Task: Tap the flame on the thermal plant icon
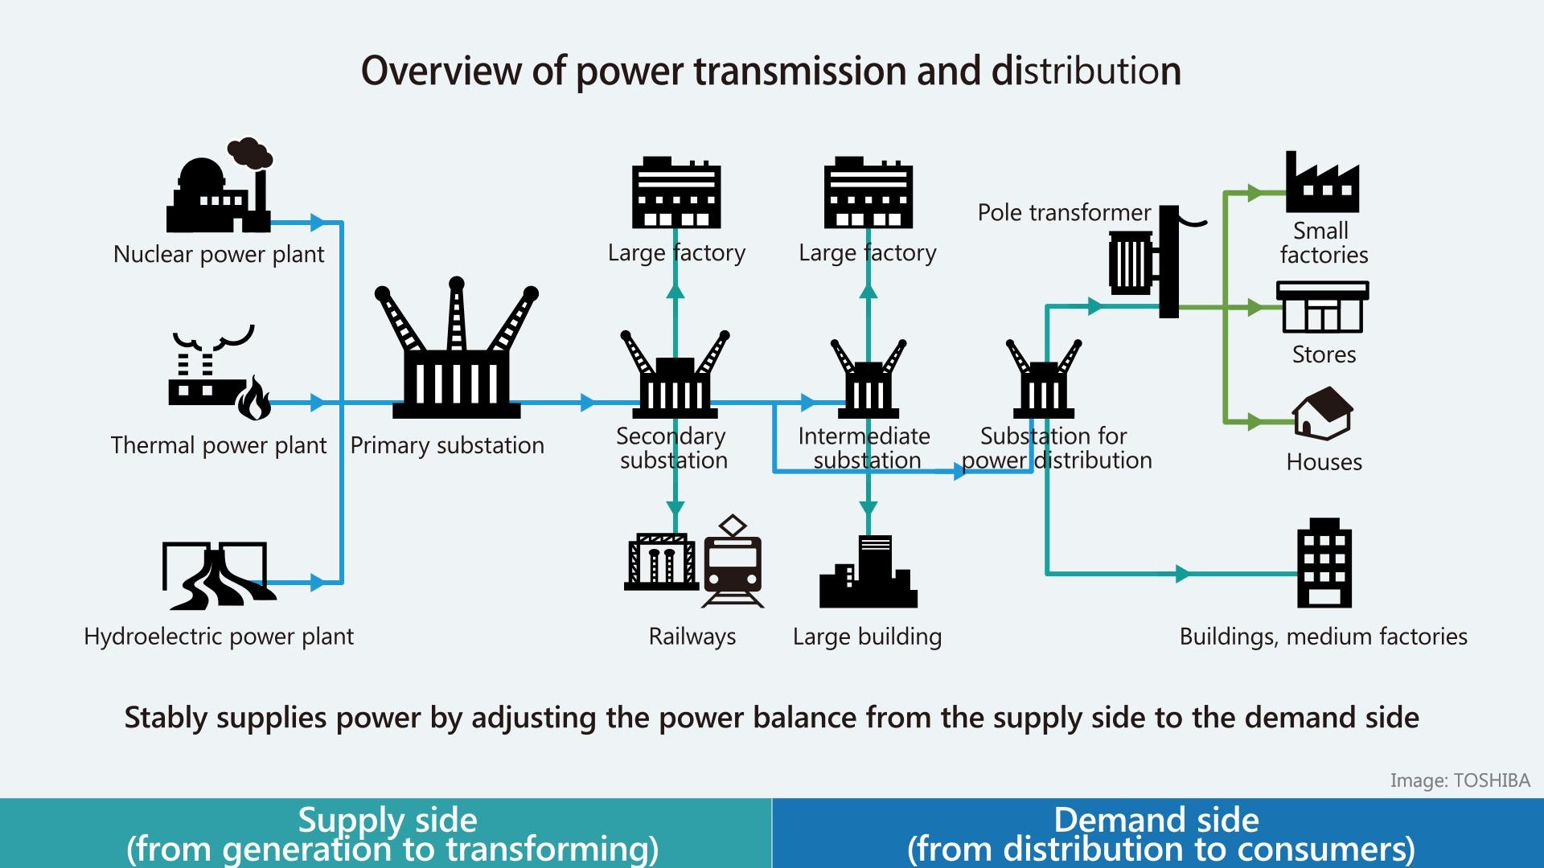254,399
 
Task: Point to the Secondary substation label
672,448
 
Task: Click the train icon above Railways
732,563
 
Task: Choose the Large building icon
868,572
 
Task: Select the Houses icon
1323,413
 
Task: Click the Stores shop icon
1323,307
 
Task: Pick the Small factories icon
1322,183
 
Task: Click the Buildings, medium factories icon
1324,563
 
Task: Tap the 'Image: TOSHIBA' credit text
1460,780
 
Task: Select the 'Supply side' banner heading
388,821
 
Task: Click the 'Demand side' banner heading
1156,821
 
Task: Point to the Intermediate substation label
865,448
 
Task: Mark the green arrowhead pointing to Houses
1254,421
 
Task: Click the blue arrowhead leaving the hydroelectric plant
318,583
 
